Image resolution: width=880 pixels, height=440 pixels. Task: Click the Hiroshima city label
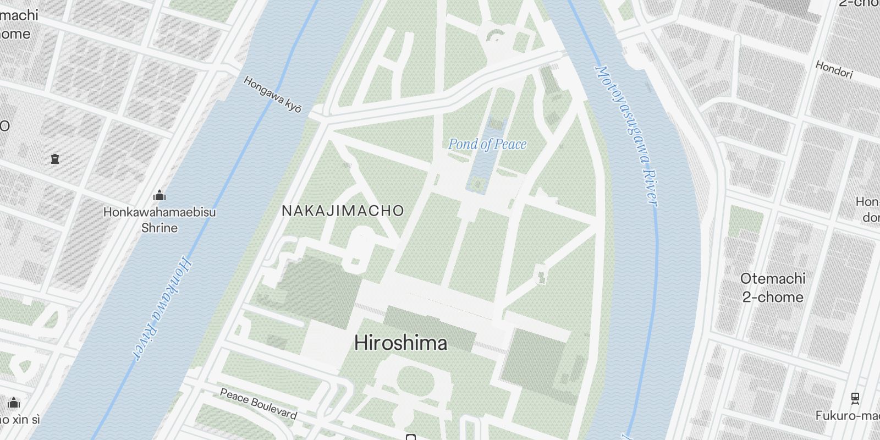(400, 343)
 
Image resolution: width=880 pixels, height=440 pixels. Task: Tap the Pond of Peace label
(487, 145)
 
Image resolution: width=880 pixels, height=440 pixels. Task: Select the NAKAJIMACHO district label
(343, 211)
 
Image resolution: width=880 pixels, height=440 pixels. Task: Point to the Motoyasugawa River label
(626, 136)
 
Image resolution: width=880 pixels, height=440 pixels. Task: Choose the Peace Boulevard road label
(258, 404)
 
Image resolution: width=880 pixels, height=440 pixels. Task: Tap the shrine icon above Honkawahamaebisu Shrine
(159, 195)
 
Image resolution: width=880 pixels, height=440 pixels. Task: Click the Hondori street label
(833, 70)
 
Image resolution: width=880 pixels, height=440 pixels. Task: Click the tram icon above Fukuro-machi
(855, 398)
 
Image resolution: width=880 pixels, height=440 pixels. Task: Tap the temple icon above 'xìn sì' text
(14, 403)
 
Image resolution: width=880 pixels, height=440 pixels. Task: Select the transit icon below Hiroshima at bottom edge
(410, 437)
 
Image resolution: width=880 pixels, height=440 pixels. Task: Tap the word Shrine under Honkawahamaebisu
(159, 228)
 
